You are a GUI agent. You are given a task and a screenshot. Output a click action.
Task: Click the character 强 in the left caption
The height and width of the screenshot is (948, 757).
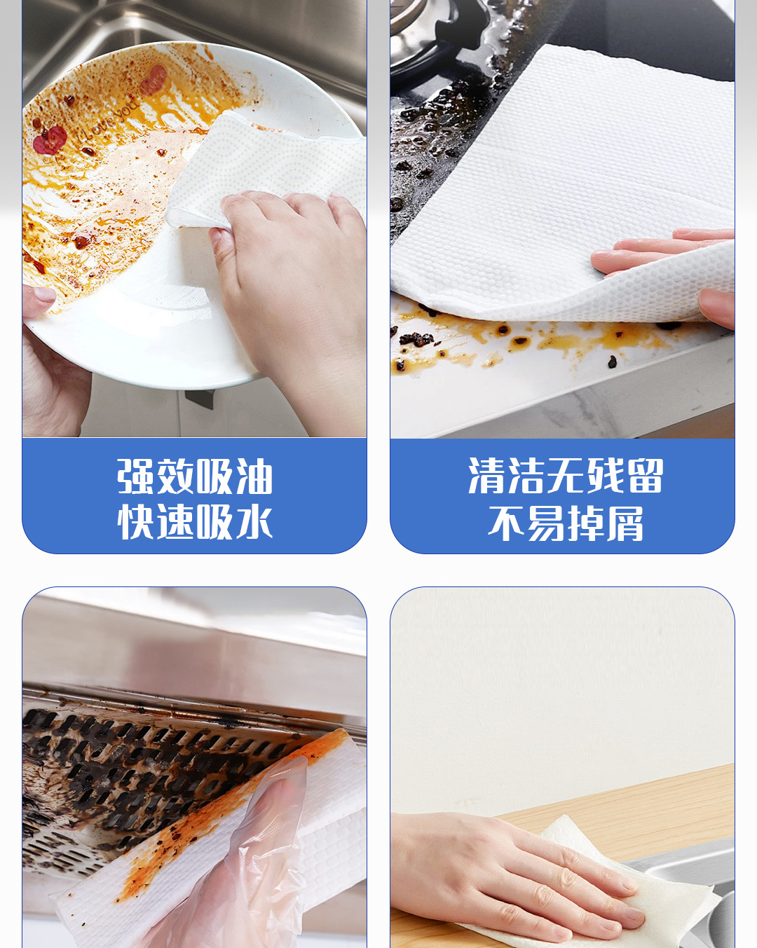[135, 476]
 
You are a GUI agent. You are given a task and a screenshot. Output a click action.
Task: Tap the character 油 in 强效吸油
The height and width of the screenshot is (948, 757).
[254, 476]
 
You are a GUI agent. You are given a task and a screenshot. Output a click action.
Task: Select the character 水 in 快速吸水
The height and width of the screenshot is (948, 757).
[254, 522]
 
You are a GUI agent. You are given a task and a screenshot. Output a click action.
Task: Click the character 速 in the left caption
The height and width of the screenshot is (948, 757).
[175, 522]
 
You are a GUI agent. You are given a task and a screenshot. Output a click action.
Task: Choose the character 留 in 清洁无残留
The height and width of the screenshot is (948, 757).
[645, 476]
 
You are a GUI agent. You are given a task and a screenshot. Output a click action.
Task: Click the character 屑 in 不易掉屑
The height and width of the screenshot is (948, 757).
[625, 523]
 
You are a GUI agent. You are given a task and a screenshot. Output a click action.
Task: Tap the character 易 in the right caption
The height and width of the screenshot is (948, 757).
[545, 523]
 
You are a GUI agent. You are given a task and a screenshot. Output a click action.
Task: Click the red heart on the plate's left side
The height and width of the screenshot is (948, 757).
[50, 140]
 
